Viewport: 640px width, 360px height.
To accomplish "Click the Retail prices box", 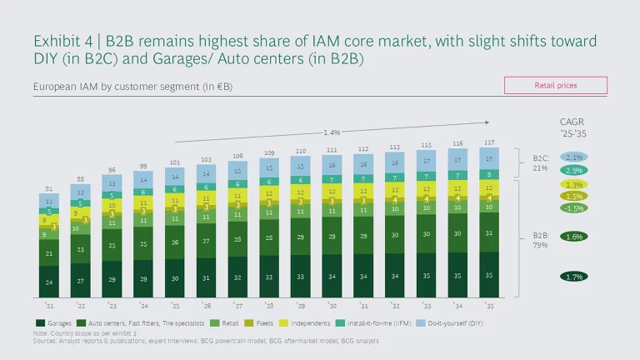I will (555, 85).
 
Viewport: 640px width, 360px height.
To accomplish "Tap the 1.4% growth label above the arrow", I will (332, 132).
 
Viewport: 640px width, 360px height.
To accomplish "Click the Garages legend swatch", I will (38, 322).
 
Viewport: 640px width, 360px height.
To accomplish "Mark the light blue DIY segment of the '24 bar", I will (146, 180).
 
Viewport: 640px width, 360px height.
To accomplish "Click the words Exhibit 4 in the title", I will (62, 41).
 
